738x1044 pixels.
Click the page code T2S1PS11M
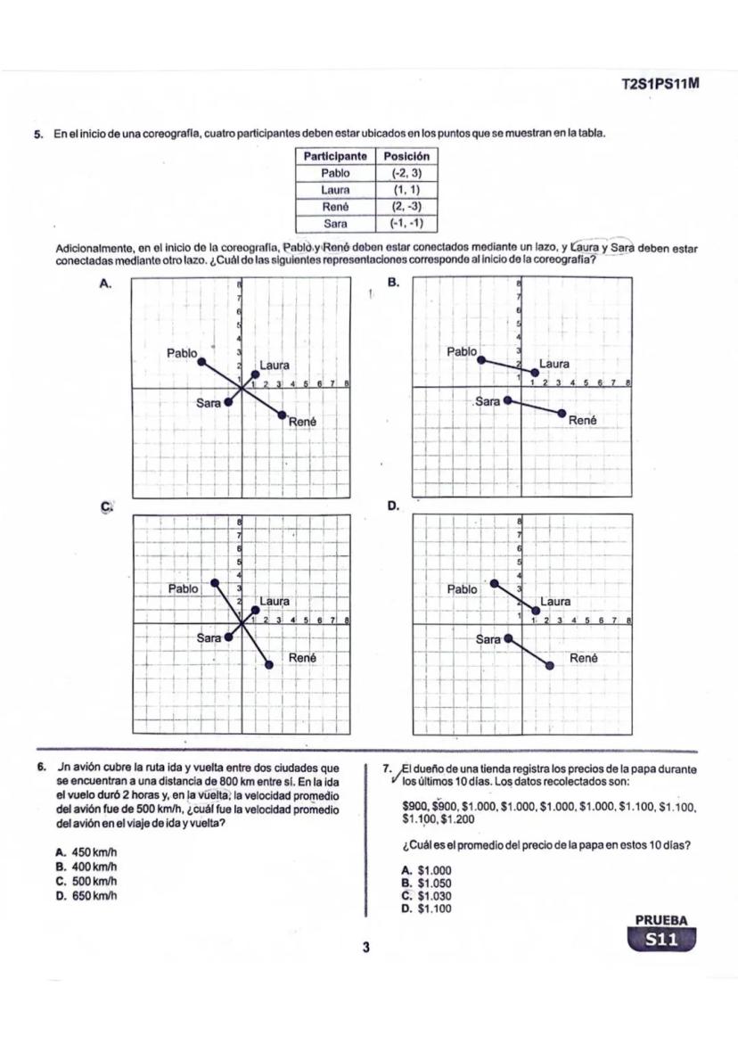click(660, 84)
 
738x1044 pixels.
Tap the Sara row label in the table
click(335, 223)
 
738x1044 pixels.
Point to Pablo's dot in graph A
click(201, 361)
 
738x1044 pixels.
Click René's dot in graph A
click(283, 415)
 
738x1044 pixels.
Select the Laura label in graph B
click(554, 364)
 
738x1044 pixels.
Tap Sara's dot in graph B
click(508, 400)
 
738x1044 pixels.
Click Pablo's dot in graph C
click(214, 583)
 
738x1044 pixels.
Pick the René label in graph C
click(303, 658)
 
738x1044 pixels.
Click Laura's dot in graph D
click(536, 611)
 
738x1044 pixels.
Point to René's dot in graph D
click(549, 665)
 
